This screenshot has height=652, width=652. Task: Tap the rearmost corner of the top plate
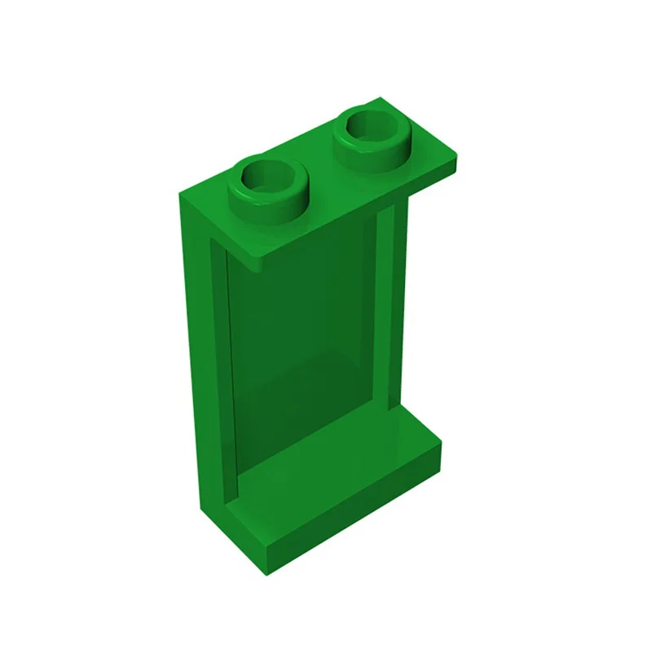(x=380, y=99)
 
